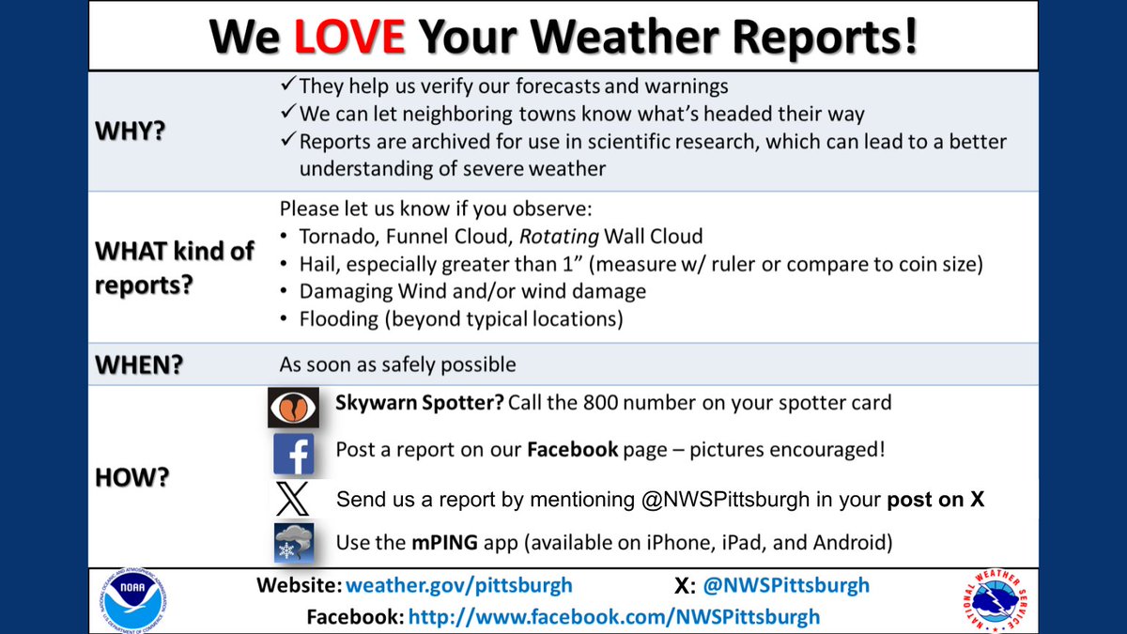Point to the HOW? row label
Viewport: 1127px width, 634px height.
tap(132, 476)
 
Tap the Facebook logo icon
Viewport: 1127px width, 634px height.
tap(294, 453)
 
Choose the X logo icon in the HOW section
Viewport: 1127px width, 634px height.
tap(294, 498)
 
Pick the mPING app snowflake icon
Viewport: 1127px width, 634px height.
tap(294, 543)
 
